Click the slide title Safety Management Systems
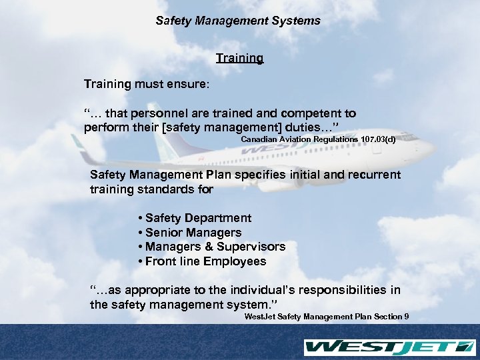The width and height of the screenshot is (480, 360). tap(238, 21)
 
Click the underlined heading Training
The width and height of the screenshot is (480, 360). tap(239, 59)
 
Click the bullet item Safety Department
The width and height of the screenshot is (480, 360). tap(198, 218)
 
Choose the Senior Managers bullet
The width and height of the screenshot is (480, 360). tap(193, 233)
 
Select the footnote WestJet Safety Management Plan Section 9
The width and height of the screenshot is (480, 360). tap(327, 317)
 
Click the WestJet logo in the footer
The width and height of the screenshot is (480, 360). tap(389, 347)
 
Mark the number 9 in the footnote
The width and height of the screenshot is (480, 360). tap(407, 317)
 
